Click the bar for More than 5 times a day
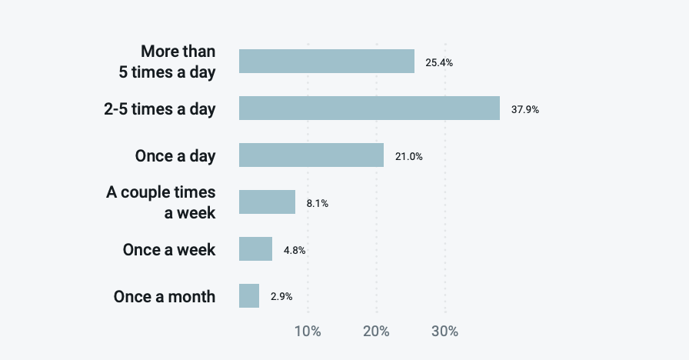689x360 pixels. tap(327, 62)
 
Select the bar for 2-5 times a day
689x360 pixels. tap(369, 108)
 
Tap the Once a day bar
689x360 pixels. tap(311, 155)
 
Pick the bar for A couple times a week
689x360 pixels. tap(267, 202)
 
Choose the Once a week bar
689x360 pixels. tap(255, 249)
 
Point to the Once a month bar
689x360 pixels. tap(249, 296)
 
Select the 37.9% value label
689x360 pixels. tap(525, 109)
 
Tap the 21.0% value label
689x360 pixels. tap(409, 156)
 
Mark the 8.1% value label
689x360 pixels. tap(318, 203)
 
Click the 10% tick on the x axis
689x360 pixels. tap(308, 332)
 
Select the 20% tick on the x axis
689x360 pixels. tap(376, 332)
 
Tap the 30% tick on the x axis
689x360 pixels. tap(444, 332)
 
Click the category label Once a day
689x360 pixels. tap(175, 155)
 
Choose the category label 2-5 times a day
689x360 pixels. tap(160, 109)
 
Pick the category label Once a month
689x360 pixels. tap(165, 297)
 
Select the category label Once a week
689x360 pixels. tap(169, 250)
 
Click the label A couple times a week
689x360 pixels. tap(161, 202)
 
